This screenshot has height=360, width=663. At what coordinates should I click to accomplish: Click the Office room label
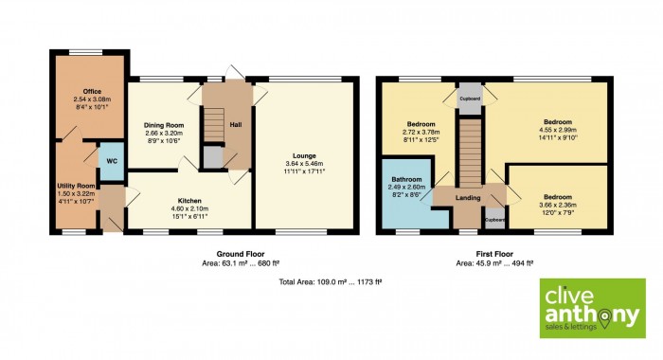[x=92, y=91]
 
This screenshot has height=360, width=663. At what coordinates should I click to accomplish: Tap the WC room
[x=112, y=161]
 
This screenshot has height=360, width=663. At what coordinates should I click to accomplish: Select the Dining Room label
[x=164, y=125]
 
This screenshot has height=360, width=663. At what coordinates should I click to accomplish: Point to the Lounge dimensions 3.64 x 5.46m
[x=304, y=164]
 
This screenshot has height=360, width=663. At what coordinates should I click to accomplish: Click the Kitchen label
[x=189, y=201]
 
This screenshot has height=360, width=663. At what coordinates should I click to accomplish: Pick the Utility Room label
[x=76, y=186]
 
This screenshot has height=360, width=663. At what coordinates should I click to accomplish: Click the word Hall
[x=236, y=125]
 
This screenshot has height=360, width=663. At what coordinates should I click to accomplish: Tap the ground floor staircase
[x=214, y=124]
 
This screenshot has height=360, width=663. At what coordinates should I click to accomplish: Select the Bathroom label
[x=406, y=179]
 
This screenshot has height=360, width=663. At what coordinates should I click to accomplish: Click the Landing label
[x=468, y=198]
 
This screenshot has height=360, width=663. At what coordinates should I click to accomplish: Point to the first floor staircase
[x=471, y=153]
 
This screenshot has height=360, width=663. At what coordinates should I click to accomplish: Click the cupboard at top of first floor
[x=470, y=99]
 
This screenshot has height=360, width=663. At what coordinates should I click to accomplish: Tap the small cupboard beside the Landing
[x=494, y=219]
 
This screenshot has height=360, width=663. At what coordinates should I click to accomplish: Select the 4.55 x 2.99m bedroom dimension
[x=558, y=130]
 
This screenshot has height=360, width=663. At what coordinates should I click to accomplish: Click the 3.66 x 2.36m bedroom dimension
[x=558, y=205]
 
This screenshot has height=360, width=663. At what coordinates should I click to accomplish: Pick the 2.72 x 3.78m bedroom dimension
[x=421, y=132]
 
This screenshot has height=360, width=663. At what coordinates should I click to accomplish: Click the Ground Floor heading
[x=241, y=254]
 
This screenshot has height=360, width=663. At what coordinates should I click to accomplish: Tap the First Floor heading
[x=494, y=254]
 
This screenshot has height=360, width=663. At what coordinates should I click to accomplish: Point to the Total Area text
[x=331, y=281]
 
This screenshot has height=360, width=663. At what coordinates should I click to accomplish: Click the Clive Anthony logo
[x=593, y=308]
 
